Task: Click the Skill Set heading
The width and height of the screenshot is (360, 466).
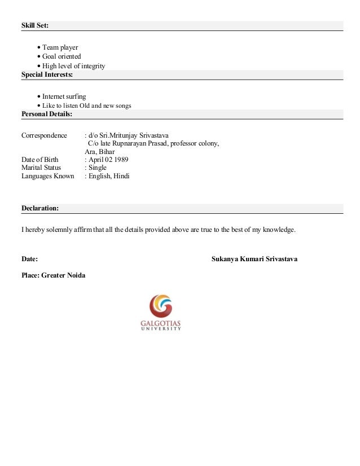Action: click(35, 26)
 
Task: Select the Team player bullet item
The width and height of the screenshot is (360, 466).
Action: click(60, 47)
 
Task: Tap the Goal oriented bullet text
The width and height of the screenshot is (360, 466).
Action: click(62, 56)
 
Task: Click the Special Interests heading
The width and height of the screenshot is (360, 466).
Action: click(47, 74)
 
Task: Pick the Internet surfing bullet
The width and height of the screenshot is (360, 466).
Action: click(64, 96)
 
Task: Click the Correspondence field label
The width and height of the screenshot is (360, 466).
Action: click(43, 136)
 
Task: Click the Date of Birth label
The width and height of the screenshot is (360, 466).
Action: click(39, 160)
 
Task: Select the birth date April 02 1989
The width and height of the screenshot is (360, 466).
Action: click(108, 160)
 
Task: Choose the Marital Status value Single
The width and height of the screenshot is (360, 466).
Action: click(97, 168)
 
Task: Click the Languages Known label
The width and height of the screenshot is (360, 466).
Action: click(47, 176)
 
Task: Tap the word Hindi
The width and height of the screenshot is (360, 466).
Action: click(121, 176)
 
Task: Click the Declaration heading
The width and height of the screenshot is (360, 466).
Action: click(39, 208)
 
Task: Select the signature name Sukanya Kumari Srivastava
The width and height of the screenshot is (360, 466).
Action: click(254, 259)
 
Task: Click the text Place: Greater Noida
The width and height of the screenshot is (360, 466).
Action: click(54, 276)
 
